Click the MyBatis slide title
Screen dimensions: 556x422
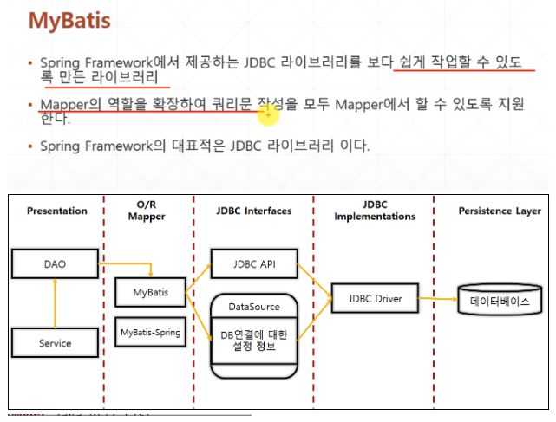(69, 20)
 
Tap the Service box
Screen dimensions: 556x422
(55, 343)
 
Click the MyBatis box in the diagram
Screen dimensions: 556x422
(151, 294)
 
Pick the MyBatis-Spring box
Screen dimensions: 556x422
(151, 332)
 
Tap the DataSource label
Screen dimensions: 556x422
(254, 307)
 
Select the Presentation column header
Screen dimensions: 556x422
(56, 211)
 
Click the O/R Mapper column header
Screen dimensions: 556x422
(146, 211)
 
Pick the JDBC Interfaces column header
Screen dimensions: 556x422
(254, 211)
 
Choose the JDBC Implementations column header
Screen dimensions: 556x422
(375, 211)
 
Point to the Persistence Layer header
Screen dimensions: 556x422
(500, 211)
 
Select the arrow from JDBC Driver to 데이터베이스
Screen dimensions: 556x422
(439, 300)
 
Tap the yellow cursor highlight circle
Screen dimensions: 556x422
(269, 112)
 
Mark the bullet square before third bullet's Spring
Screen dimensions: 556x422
(30, 146)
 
